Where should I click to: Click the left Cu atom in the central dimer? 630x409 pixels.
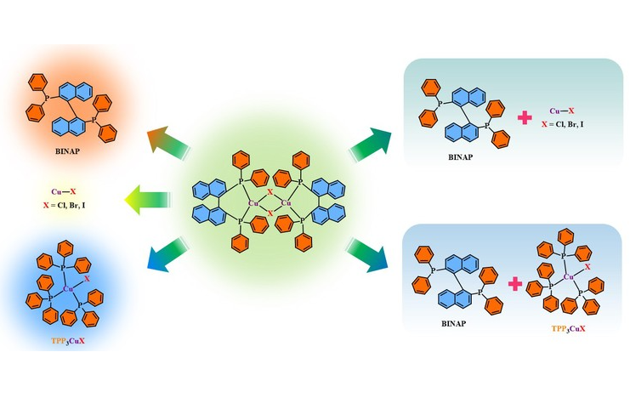coord(253,203)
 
